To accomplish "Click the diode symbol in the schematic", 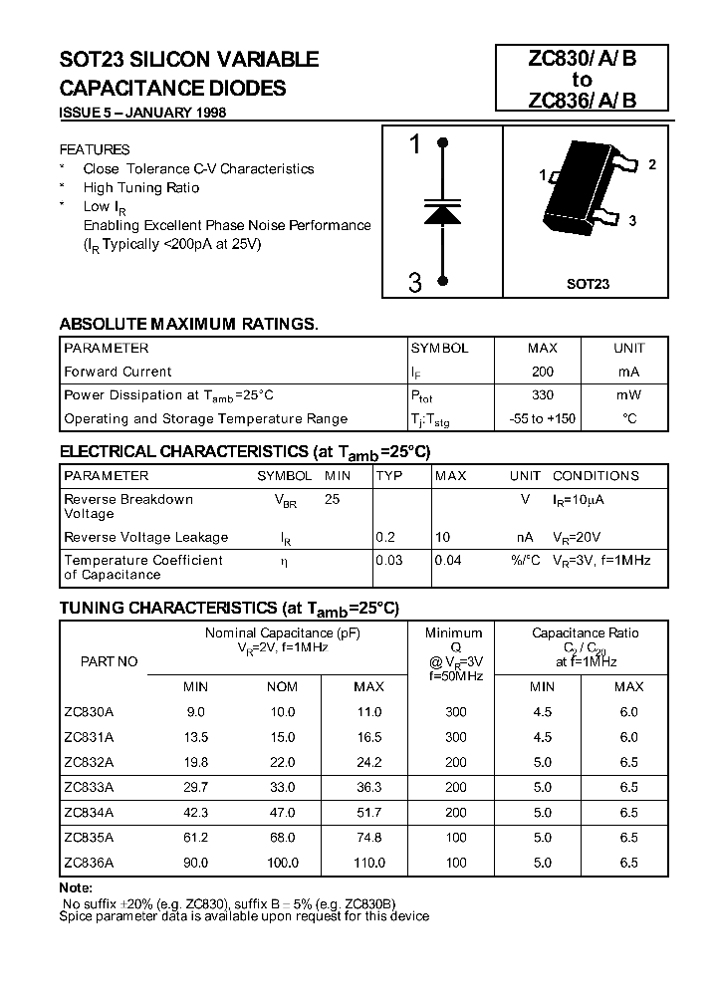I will click(441, 212).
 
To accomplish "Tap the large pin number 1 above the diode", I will click(415, 146).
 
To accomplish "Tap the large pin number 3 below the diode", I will click(415, 284).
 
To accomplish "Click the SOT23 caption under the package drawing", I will click(588, 284).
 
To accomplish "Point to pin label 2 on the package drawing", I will click(652, 165).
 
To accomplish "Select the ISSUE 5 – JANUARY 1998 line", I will click(143, 113).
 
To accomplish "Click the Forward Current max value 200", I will click(543, 372).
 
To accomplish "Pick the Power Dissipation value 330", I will click(543, 394).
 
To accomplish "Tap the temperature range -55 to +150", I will click(543, 418).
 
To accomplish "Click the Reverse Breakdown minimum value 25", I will click(333, 500).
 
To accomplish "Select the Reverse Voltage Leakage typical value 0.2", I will click(385, 537).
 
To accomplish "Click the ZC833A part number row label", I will click(89, 786).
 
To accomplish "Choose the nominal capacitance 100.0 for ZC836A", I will click(283, 863).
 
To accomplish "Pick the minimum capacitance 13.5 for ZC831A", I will click(195, 737).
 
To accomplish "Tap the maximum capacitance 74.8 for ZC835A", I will click(368, 838).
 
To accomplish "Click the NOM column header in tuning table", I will click(283, 686).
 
